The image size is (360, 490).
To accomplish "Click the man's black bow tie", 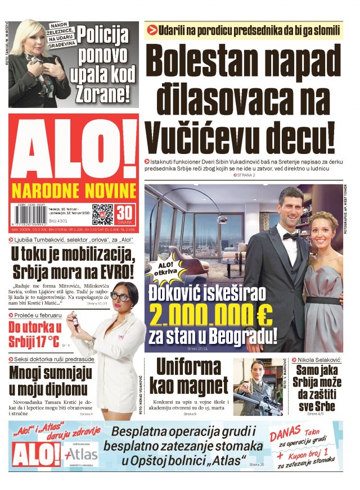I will (x=290, y=237).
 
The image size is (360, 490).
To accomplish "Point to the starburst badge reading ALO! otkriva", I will (x=164, y=269).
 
